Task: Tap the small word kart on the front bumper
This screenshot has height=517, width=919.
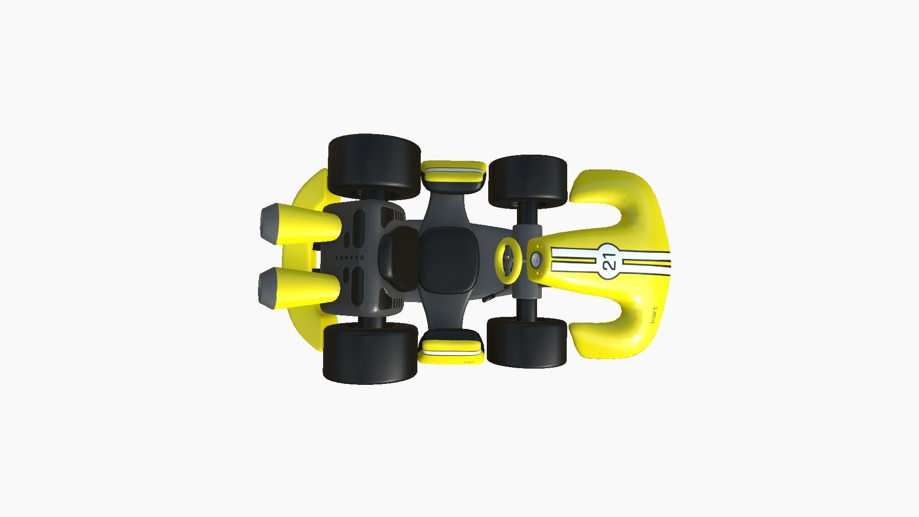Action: [654, 315]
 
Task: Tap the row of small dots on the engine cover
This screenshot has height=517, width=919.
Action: [349, 258]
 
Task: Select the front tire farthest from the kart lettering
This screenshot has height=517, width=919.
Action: [527, 181]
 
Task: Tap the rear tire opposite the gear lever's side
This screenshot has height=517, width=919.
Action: [373, 167]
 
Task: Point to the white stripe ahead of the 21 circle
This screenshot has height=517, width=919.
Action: [646, 261]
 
